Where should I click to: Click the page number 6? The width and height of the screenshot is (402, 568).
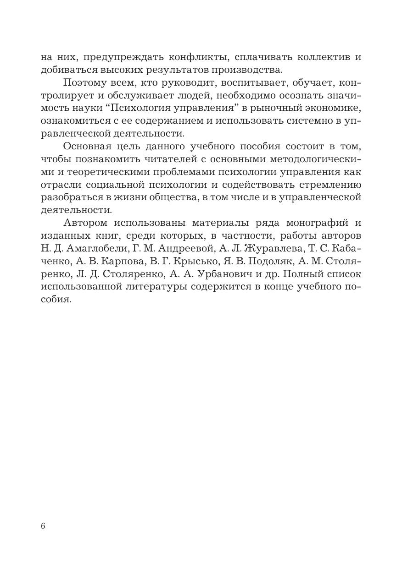point(43,526)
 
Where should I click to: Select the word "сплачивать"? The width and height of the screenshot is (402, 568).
point(265,57)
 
